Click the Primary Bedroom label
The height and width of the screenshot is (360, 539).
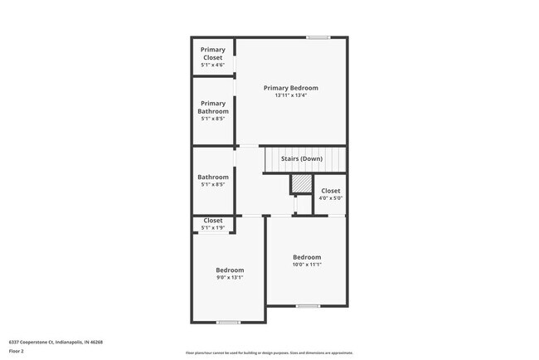290,88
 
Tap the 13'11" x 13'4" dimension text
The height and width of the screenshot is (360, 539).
290,95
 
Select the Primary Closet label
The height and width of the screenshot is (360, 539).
212,54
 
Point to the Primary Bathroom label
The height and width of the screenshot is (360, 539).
212,108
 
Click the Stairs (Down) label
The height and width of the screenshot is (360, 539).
300,158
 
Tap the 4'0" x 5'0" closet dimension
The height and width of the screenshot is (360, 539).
330,198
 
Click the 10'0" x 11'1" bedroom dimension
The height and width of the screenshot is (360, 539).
307,265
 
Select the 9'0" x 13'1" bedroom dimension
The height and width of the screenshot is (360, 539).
230,278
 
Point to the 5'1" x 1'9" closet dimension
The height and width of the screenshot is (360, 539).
213,227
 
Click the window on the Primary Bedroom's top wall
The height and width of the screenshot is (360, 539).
318,37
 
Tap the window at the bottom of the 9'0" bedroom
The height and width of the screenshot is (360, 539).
228,322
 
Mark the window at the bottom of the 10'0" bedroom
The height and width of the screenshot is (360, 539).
308,306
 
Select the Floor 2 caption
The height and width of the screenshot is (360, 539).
17,352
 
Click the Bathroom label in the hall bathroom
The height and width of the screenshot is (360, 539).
212,177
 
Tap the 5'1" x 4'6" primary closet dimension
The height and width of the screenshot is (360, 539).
212,65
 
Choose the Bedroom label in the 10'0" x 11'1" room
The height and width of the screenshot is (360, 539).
307,257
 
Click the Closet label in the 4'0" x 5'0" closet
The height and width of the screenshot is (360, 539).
330,191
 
